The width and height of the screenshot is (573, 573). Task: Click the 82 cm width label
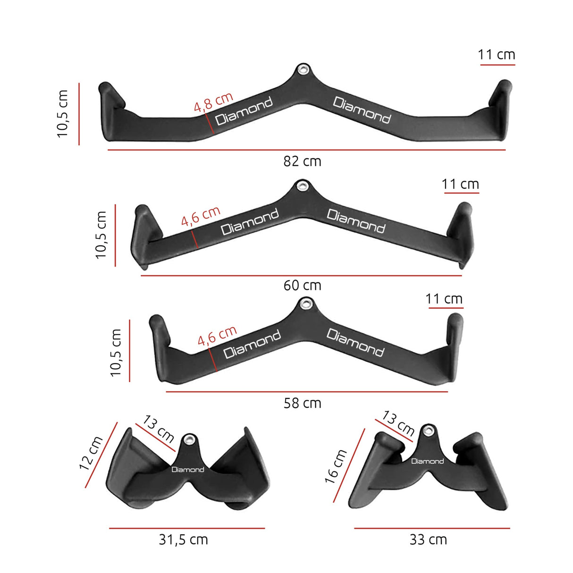[302, 161]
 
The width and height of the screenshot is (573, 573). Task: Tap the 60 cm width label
[302, 286]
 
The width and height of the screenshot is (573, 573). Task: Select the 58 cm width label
[302, 403]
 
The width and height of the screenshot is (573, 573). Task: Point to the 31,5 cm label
[183, 539]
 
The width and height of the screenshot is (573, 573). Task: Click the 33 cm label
[428, 539]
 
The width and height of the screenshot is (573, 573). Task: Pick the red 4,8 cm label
[213, 102]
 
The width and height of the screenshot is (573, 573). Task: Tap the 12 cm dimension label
[91, 453]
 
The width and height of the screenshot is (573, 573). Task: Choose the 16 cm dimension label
[336, 466]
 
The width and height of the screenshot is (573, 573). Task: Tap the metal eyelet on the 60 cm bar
[302, 185]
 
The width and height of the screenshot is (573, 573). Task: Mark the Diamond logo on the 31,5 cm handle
[188, 470]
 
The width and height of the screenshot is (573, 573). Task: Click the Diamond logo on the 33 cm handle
[427, 461]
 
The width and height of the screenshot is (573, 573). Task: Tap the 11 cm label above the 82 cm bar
[496, 55]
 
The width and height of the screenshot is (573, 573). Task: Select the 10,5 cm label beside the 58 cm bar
[116, 353]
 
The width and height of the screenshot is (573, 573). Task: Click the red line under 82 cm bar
[307, 150]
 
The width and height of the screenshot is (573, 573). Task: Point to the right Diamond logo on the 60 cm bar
[356, 221]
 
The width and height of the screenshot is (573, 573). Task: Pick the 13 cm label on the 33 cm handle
[398, 423]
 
